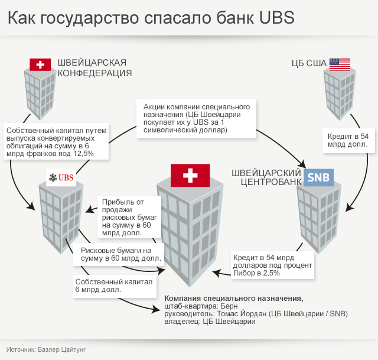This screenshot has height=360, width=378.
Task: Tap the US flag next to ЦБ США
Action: click(x=340, y=64)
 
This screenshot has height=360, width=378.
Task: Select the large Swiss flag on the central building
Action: click(x=190, y=175)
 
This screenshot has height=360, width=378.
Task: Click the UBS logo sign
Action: click(x=61, y=178)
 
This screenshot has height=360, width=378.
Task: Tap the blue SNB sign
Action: click(x=320, y=177)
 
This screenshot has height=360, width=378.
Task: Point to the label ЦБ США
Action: click(x=309, y=64)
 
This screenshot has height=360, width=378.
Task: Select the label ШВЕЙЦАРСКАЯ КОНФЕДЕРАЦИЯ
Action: click(x=94, y=68)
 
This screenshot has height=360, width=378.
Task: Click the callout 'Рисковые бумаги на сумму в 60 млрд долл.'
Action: click(x=120, y=254)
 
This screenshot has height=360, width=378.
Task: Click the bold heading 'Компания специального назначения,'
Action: click(x=234, y=298)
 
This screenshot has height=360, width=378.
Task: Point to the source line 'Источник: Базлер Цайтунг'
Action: click(x=47, y=349)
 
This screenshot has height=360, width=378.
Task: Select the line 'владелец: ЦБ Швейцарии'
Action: click(x=210, y=322)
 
